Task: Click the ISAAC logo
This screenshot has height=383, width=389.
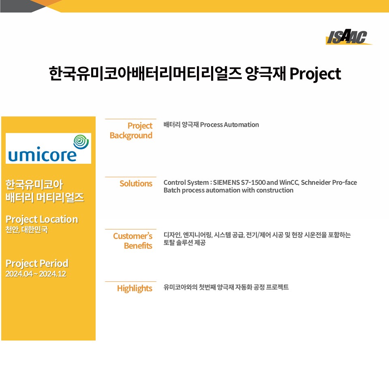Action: [x=348, y=37]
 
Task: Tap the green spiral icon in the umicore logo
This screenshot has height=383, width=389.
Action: [x=81, y=142]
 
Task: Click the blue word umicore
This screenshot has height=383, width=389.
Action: [x=43, y=155]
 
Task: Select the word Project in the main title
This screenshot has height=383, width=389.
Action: [x=315, y=74]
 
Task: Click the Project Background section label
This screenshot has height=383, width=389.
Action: [x=131, y=131]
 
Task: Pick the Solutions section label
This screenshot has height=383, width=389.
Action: [x=136, y=184]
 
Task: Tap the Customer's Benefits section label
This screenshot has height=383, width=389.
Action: [x=133, y=241]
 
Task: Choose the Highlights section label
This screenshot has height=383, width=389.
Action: [x=135, y=288]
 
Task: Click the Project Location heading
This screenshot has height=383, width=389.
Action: [x=42, y=220]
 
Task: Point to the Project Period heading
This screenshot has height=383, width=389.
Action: [x=37, y=263]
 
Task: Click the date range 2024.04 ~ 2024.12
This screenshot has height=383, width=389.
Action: [x=36, y=274]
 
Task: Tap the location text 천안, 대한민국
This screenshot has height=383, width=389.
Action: [x=27, y=230]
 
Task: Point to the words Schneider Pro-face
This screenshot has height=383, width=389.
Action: [x=329, y=182]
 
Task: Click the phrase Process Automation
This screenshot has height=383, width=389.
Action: [x=229, y=124]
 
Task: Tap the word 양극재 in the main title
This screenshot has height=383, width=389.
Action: [x=265, y=74]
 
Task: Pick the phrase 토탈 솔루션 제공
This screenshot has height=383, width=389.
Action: [x=184, y=243]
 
